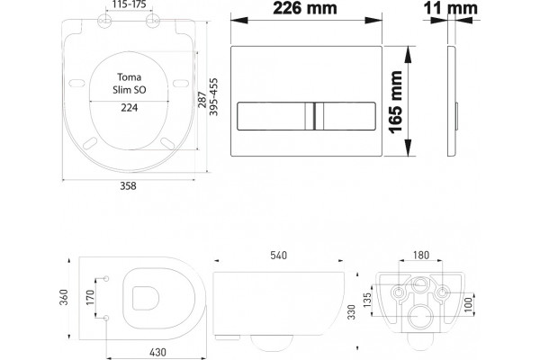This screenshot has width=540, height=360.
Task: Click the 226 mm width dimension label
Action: point(305,8)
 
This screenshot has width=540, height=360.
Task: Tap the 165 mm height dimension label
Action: point(396,102)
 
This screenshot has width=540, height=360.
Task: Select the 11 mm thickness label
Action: point(451,8)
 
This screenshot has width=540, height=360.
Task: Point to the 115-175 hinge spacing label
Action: point(130,4)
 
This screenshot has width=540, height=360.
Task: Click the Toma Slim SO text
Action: point(129,84)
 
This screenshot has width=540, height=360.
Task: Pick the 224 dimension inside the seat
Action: point(129,108)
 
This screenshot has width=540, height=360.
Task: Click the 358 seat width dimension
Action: point(128,186)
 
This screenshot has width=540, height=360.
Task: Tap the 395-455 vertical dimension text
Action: point(214,97)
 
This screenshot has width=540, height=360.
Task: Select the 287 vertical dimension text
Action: point(202,100)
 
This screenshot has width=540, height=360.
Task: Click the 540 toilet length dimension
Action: point(279,256)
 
